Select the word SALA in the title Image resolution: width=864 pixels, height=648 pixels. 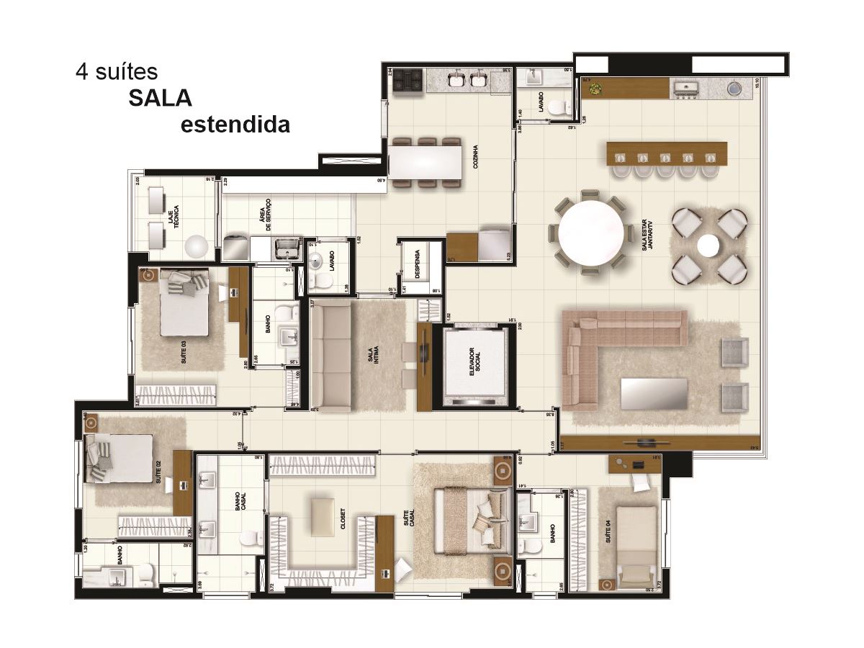pyautogui.click(x=160, y=98)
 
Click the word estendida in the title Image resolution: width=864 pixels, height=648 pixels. pyautogui.click(x=235, y=125)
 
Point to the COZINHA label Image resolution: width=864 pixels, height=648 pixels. pyautogui.click(x=476, y=154)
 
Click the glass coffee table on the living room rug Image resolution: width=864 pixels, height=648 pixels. pyautogui.click(x=654, y=393)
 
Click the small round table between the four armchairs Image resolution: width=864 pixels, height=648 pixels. pyautogui.click(x=708, y=246)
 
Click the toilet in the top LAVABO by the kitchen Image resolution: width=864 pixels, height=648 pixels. pyautogui.click(x=557, y=108)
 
